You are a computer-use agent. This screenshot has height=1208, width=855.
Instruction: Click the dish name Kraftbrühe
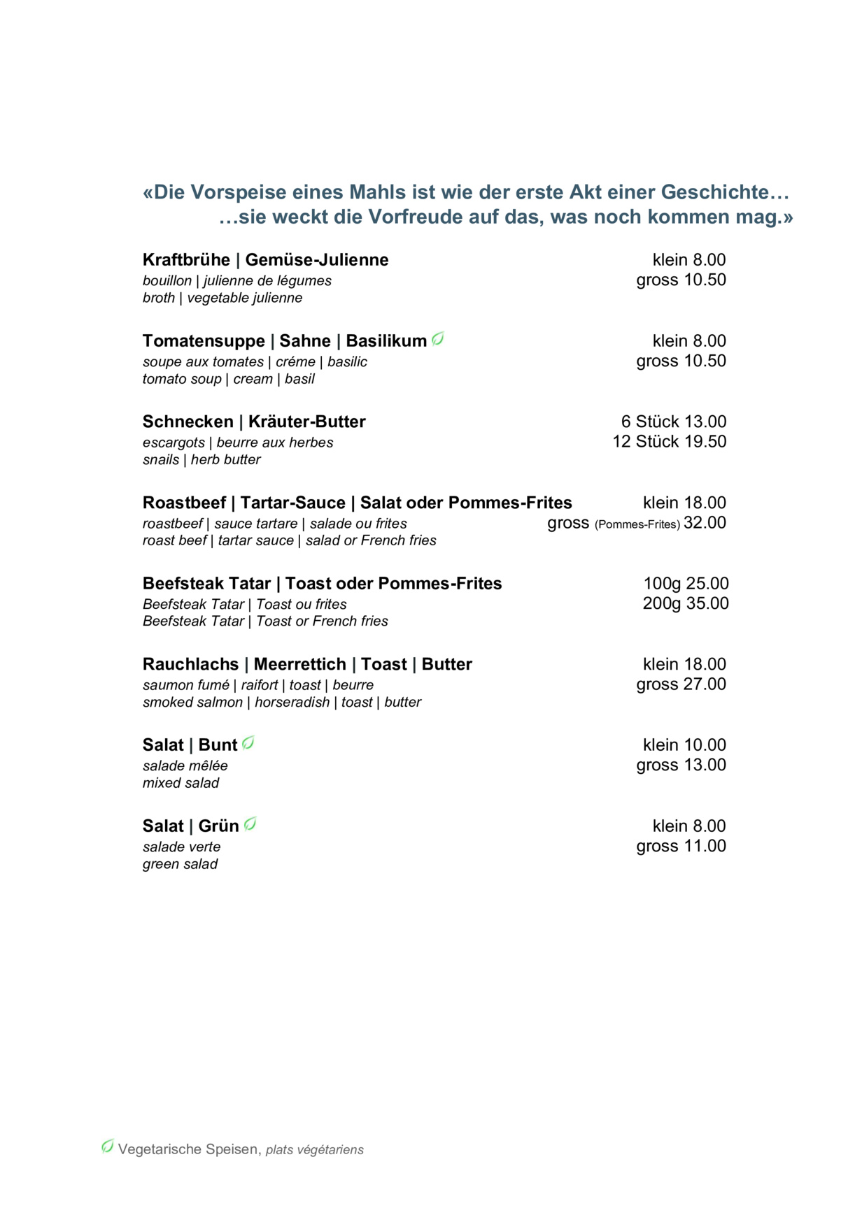186,260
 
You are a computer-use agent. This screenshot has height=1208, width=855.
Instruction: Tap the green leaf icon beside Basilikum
438,340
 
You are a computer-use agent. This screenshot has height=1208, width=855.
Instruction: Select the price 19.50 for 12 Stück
705,442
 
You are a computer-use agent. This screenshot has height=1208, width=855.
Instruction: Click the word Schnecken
188,422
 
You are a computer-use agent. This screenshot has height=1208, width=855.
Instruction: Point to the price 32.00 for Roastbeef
705,523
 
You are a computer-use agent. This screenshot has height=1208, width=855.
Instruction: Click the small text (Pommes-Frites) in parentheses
637,524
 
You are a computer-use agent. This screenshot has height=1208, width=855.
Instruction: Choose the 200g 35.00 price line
686,603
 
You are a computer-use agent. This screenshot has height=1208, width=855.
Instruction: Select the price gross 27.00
681,684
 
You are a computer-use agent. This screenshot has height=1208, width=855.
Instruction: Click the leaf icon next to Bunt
248,744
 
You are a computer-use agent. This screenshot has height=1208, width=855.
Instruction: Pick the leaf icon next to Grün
250,825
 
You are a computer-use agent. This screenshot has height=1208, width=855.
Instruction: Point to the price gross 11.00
681,846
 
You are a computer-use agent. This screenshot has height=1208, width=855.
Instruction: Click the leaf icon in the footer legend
108,1146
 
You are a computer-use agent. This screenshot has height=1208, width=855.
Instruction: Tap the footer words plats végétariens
315,1150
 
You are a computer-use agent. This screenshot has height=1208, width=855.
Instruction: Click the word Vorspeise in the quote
229,192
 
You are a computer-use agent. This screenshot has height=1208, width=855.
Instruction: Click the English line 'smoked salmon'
192,703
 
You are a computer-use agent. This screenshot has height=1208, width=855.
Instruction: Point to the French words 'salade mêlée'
185,766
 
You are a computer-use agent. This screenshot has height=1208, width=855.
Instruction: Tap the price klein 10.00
684,745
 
